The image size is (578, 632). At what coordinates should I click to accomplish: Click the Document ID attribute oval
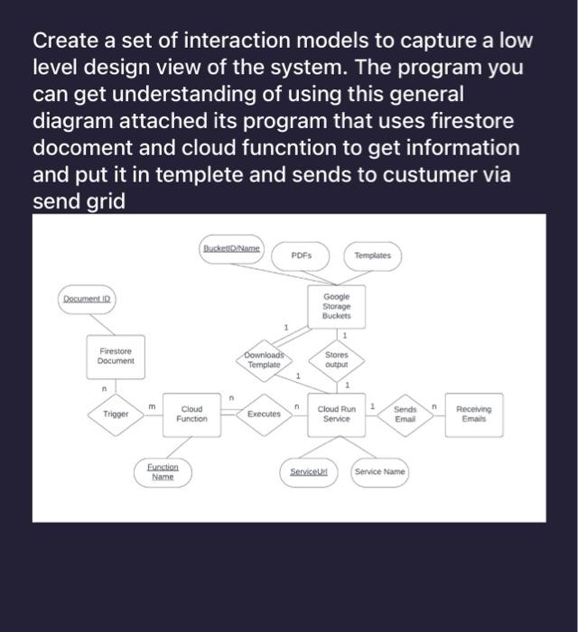(x=89, y=299)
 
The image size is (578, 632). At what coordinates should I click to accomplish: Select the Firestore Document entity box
(x=116, y=356)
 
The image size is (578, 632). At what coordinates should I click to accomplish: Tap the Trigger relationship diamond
(x=116, y=414)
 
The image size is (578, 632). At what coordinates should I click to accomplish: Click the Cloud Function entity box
(x=191, y=414)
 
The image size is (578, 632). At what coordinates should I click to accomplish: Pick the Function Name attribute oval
(x=163, y=472)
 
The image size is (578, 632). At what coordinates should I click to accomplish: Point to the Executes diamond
(x=265, y=414)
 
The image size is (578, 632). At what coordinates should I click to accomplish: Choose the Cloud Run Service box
(x=336, y=414)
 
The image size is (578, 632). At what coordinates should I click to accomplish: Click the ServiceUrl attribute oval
(x=308, y=472)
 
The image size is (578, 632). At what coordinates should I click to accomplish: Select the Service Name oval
(x=379, y=472)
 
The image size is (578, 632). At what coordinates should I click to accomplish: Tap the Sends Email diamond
(x=405, y=414)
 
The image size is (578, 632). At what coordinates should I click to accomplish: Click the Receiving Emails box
(x=474, y=414)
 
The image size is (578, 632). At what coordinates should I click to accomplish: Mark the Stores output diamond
(x=336, y=359)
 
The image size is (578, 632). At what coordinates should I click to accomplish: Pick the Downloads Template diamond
(x=265, y=359)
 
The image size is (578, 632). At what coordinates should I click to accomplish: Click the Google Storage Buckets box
(x=336, y=306)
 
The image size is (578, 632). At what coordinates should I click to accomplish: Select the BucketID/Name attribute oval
(x=231, y=248)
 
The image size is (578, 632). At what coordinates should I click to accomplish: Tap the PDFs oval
(x=302, y=256)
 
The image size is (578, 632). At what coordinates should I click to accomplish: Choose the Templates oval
(x=372, y=256)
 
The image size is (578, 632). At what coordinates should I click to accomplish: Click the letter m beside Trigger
(x=151, y=406)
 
